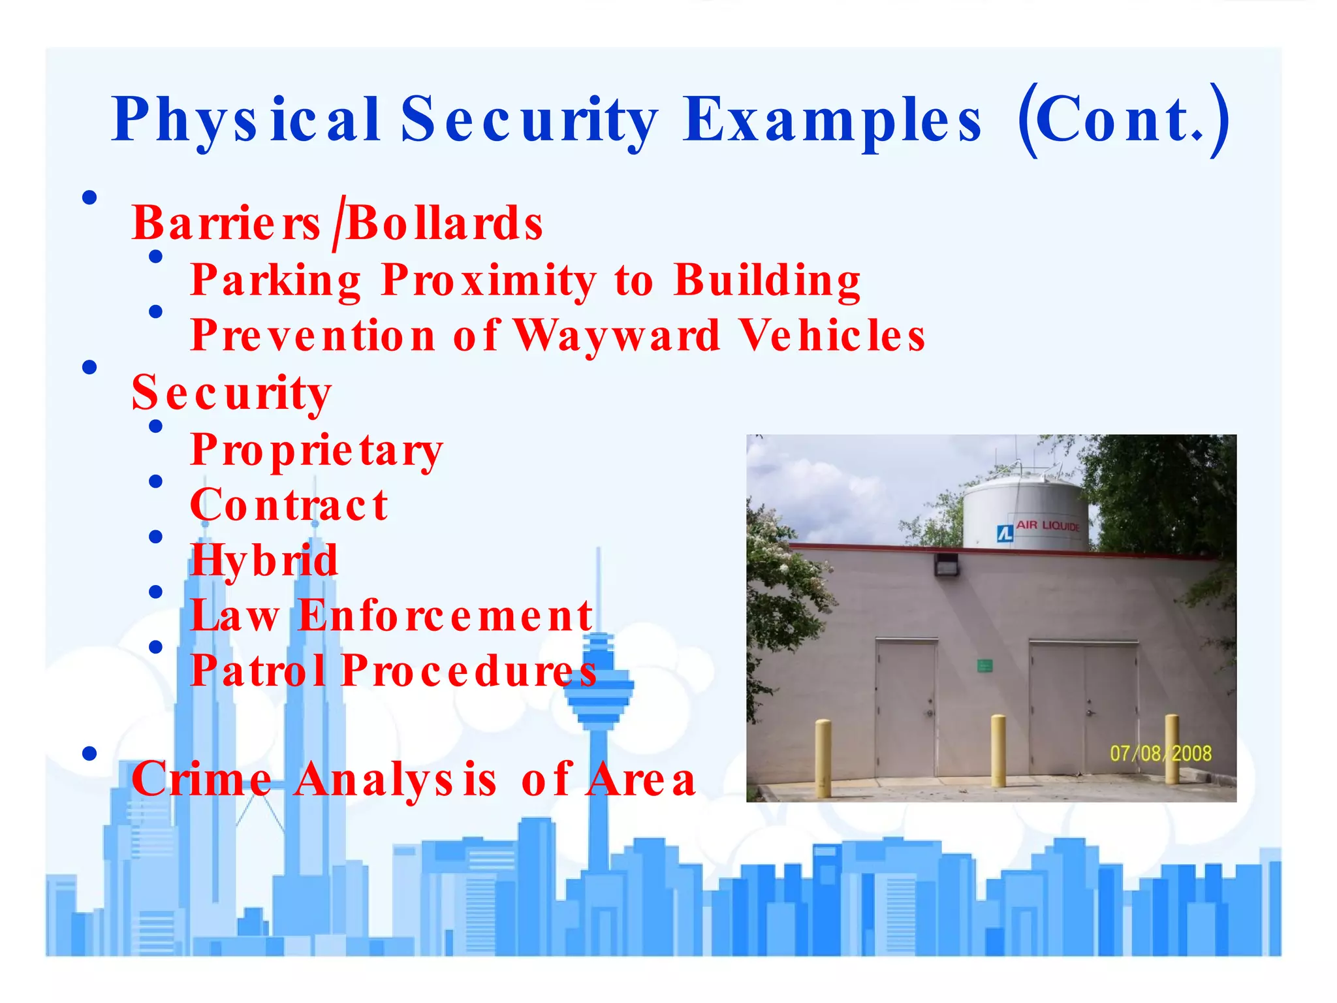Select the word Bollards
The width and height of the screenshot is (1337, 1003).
[x=445, y=224]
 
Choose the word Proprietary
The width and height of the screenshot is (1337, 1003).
[x=317, y=451]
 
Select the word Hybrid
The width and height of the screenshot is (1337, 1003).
[x=264, y=561]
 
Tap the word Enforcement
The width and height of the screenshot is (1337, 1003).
[x=445, y=616]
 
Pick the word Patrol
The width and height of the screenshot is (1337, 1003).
[x=258, y=671]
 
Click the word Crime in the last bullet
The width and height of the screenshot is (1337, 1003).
[x=201, y=779]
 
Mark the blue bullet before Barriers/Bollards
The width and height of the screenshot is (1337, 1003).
[x=90, y=197]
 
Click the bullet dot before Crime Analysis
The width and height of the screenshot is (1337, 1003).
[x=90, y=754]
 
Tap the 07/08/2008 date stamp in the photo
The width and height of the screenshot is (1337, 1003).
[x=1160, y=754]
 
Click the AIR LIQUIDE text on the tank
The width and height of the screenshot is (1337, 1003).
[x=1047, y=526]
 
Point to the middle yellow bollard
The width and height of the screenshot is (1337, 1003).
[x=998, y=751]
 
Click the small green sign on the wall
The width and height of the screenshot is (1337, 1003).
[x=984, y=666]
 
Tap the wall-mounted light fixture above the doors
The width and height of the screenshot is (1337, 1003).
[x=946, y=564]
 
